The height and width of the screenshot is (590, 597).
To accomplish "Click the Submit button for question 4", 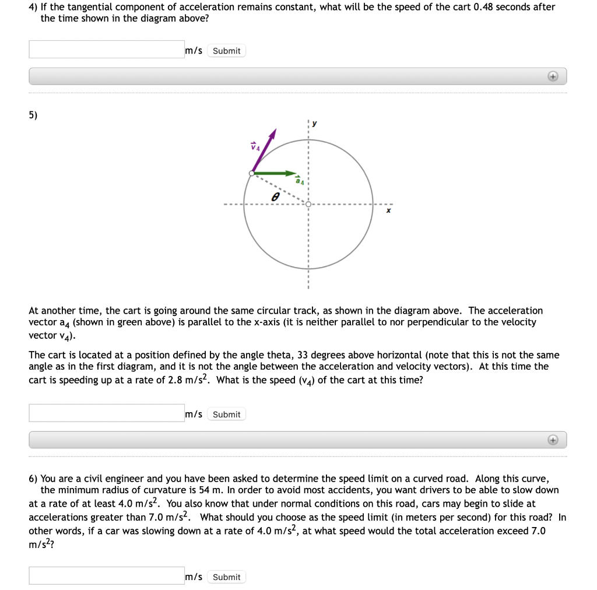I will click(x=226, y=51).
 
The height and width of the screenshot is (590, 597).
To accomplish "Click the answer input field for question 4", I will click(x=106, y=50).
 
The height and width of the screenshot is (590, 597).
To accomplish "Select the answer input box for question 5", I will click(x=106, y=413).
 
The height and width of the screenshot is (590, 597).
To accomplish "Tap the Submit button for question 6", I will click(x=226, y=577).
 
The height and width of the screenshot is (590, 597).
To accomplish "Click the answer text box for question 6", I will click(x=106, y=575).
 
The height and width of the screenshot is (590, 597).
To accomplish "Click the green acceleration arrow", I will click(x=274, y=173).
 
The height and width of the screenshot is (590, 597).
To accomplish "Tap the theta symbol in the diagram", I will click(x=273, y=198).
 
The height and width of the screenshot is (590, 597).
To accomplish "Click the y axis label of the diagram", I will click(x=315, y=123).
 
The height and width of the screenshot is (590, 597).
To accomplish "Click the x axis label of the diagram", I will click(x=388, y=212).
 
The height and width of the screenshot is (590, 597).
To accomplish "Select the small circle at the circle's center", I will click(x=308, y=205).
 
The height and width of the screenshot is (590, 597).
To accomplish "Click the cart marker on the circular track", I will click(x=251, y=173).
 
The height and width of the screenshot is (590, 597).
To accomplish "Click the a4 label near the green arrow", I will click(x=299, y=181).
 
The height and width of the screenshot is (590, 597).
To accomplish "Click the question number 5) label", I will click(x=33, y=115).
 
